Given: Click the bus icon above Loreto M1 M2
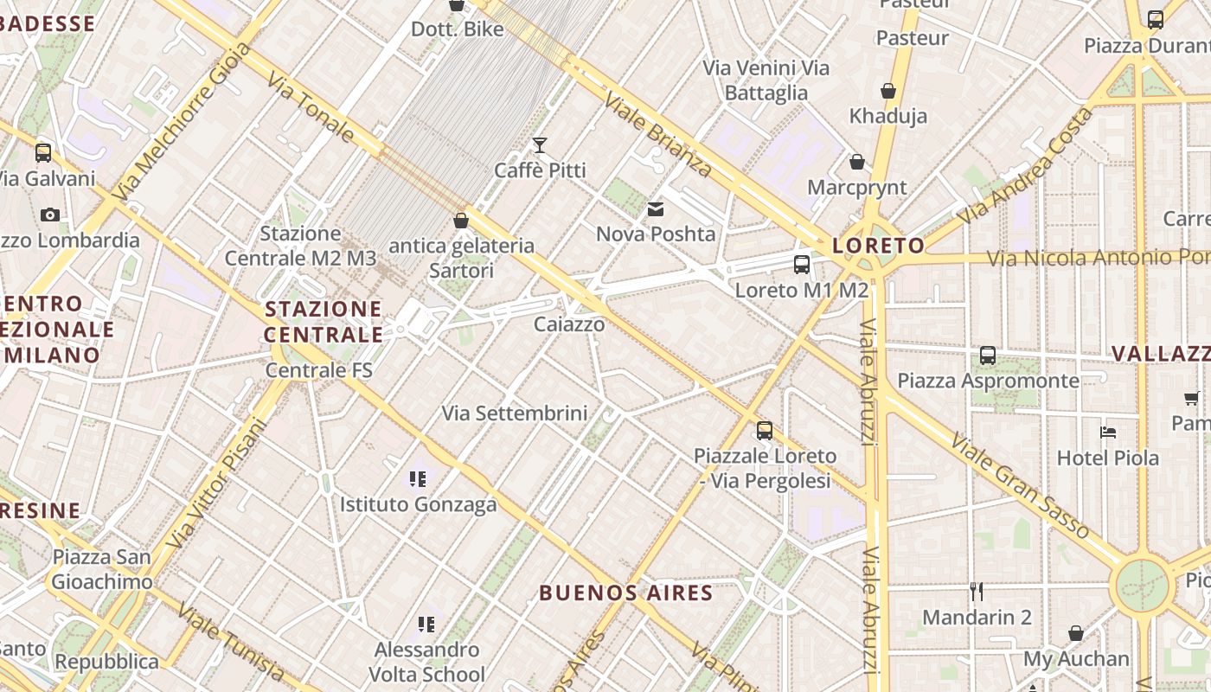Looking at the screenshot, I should tap(802, 265).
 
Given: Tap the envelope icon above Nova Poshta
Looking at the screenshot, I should tap(656, 209).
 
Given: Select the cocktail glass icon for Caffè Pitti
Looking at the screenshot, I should tap(540, 145).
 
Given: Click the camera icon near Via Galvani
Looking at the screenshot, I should tap(50, 215).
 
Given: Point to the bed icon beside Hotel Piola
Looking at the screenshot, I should tap(1108, 432).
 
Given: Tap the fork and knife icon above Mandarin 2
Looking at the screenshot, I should tap(977, 592).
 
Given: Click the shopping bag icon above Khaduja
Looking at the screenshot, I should tap(887, 91).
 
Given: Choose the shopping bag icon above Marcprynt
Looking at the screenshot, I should tap(856, 162).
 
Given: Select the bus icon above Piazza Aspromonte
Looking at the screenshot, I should tap(987, 356).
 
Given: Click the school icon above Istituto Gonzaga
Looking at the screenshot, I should tap(419, 478).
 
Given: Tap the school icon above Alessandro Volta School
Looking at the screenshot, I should tap(426, 624).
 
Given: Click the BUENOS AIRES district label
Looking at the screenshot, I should tap(626, 593).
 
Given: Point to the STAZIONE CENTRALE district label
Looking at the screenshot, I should tap(324, 322).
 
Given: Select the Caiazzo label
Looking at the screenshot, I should tap(569, 324).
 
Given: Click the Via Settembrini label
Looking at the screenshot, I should tap(515, 413).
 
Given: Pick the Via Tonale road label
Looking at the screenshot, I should tap(311, 107).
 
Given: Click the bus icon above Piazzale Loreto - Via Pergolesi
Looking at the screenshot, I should tap(765, 430).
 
